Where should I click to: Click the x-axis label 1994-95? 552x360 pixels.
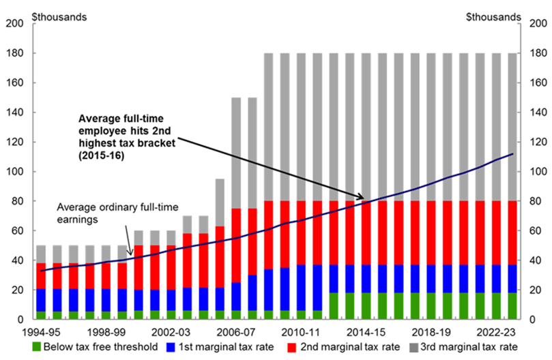[42, 332]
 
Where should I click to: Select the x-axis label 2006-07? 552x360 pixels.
[237, 332]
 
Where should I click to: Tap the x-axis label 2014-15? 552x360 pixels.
[367, 332]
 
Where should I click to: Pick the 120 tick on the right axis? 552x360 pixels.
[531, 142]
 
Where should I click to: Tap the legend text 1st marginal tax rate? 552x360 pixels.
[225, 347]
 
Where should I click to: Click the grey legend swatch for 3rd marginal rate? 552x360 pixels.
[419, 347]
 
